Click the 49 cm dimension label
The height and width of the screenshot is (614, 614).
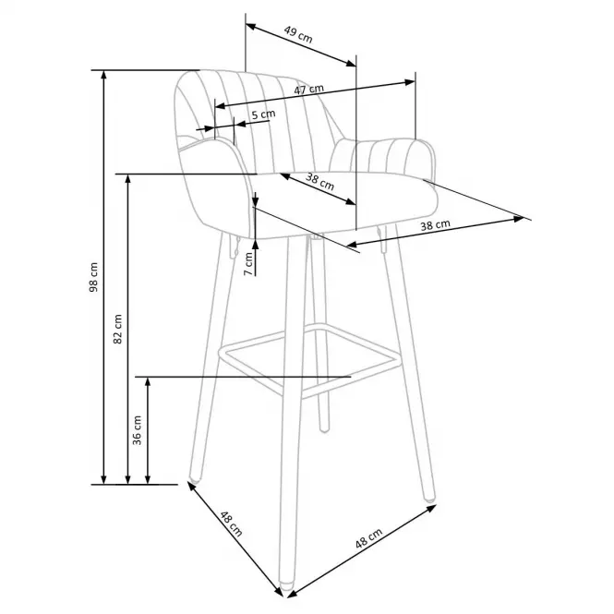[298, 34]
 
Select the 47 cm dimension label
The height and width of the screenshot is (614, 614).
[309, 90]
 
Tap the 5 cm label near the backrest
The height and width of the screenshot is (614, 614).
[263, 114]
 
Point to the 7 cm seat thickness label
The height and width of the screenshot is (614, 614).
[248, 263]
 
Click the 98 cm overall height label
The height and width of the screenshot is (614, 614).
[93, 277]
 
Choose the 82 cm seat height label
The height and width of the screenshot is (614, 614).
[117, 329]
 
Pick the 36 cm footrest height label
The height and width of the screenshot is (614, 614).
[137, 430]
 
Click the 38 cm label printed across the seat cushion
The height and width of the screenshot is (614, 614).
[319, 182]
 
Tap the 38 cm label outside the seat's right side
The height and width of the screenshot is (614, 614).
[435, 225]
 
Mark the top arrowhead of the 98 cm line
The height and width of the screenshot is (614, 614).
[103, 75]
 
